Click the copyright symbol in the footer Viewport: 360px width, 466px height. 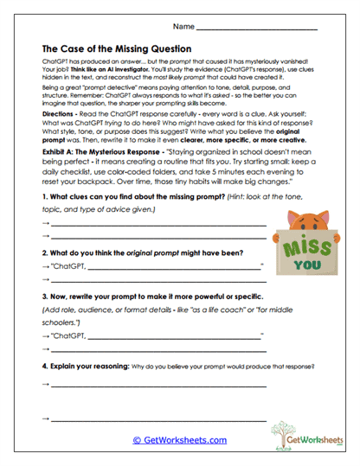tap(136, 440)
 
